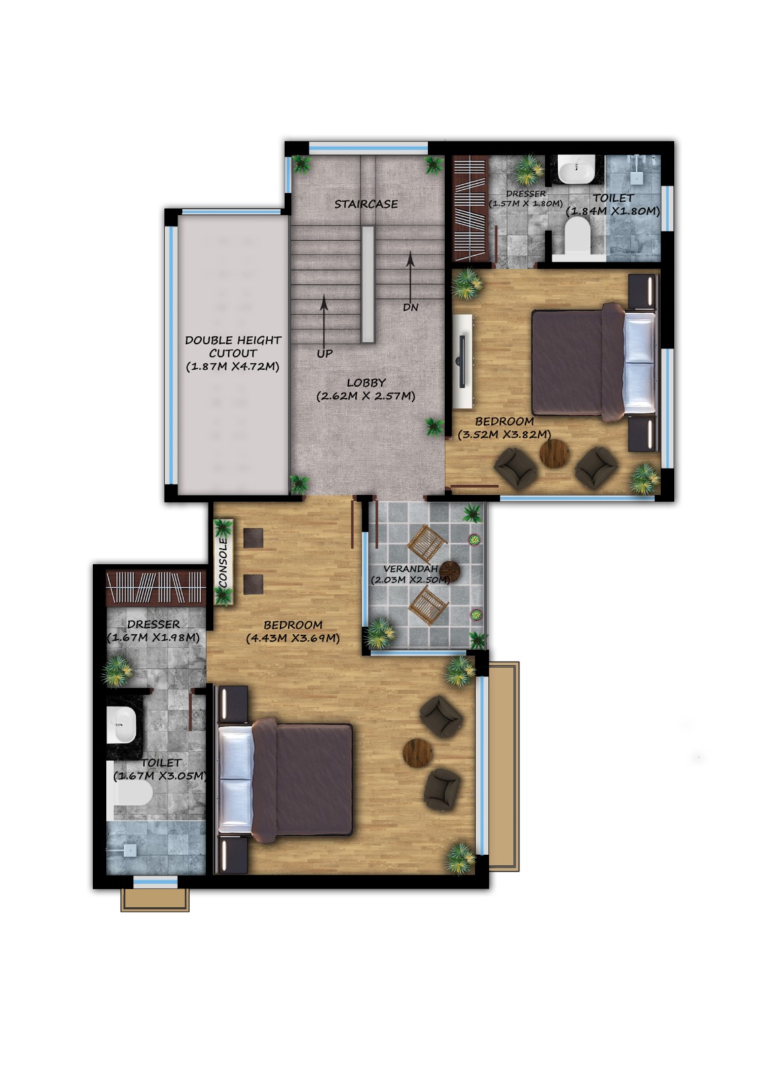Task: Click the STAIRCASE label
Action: pyautogui.click(x=366, y=204)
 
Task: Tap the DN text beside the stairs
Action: pyautogui.click(x=410, y=307)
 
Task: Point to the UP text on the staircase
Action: pyautogui.click(x=324, y=354)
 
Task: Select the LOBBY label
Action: pyautogui.click(x=366, y=383)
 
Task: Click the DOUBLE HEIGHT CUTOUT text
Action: pyautogui.click(x=233, y=347)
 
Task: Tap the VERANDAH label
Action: pyautogui.click(x=410, y=569)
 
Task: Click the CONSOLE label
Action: pyautogui.click(x=223, y=562)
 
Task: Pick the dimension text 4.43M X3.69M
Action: pyautogui.click(x=293, y=639)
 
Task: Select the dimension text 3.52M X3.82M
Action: pyautogui.click(x=504, y=434)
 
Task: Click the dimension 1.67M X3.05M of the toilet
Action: pyautogui.click(x=160, y=776)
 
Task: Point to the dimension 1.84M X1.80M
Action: pyautogui.click(x=613, y=211)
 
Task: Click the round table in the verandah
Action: pyautogui.click(x=449, y=571)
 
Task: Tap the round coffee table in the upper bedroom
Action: pyautogui.click(x=554, y=453)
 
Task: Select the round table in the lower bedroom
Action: pyautogui.click(x=418, y=753)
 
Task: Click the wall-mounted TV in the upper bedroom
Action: pyautogui.click(x=462, y=361)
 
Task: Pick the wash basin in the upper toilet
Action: pyautogui.click(x=576, y=169)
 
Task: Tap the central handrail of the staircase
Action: pyautogui.click(x=368, y=284)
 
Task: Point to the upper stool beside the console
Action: pyautogui.click(x=253, y=538)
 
